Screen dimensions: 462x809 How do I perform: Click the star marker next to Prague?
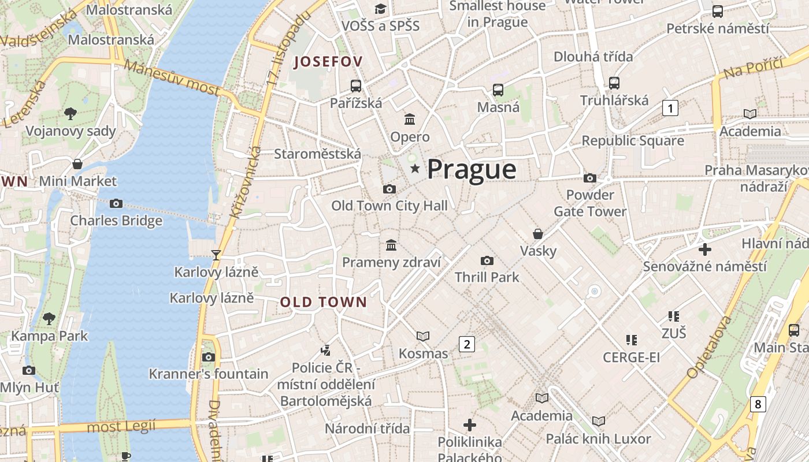coord(414,169)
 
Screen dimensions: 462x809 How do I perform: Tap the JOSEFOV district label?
coord(328,62)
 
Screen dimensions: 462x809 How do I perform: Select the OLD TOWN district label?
coord(324,302)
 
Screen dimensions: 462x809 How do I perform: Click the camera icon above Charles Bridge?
coord(116,203)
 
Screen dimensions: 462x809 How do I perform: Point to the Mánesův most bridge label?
coord(172,78)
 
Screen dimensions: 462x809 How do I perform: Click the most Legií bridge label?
coord(121,427)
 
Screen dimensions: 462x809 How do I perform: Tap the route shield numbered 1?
coord(670,108)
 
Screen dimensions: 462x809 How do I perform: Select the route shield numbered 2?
coord(466,344)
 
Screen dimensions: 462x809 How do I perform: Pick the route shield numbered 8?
coord(758,404)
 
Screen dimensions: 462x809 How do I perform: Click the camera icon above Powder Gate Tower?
coord(590,178)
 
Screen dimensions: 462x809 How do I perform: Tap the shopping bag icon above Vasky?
coord(538,234)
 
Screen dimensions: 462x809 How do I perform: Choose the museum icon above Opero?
coord(410,119)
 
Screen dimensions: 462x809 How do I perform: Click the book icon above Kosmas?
coord(423,336)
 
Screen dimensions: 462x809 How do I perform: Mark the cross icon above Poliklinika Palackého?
coord(470,425)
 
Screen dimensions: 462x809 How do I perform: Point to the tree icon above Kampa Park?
coord(49,318)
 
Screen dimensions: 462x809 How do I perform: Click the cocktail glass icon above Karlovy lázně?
coord(216,255)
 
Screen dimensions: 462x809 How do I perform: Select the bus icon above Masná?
coord(498,90)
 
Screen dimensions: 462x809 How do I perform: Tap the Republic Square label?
coord(632,141)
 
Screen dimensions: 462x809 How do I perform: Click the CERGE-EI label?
coord(631,357)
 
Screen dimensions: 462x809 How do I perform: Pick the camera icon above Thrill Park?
coord(487,260)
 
